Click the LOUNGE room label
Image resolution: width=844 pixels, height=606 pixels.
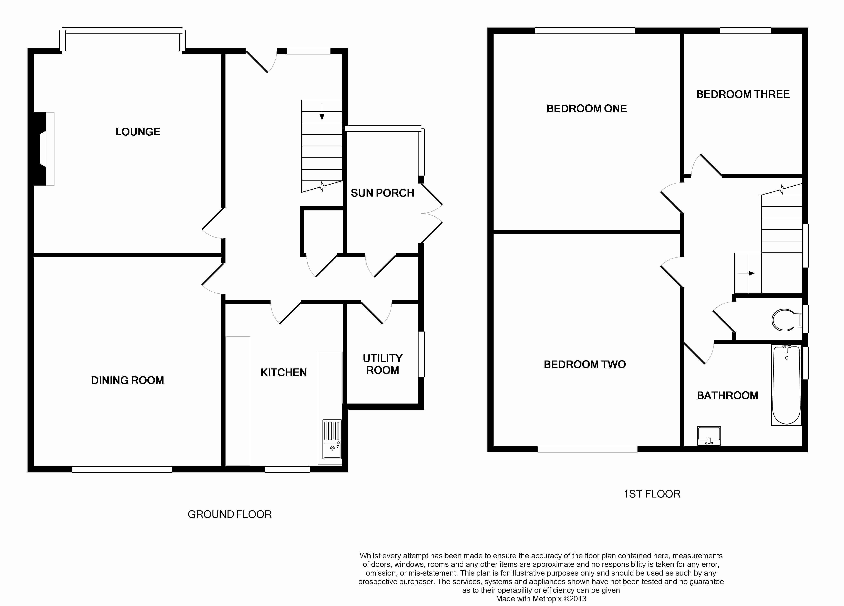[138, 132]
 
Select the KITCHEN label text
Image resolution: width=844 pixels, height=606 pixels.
[284, 372]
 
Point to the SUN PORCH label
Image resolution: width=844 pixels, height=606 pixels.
[382, 193]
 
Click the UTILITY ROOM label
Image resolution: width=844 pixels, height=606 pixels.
[383, 364]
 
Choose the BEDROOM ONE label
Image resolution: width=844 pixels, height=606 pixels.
[587, 109]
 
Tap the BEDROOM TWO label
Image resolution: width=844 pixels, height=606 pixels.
[585, 364]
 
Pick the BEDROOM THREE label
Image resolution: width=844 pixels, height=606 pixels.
[743, 94]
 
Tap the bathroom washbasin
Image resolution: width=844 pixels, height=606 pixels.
[709, 436]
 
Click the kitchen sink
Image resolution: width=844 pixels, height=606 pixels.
[332, 439]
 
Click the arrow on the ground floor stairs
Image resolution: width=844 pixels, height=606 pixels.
[322, 112]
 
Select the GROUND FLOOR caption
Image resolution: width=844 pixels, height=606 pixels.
[230, 514]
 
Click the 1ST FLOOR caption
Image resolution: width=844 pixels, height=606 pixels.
[652, 494]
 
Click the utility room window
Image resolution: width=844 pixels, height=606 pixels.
[421, 354]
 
